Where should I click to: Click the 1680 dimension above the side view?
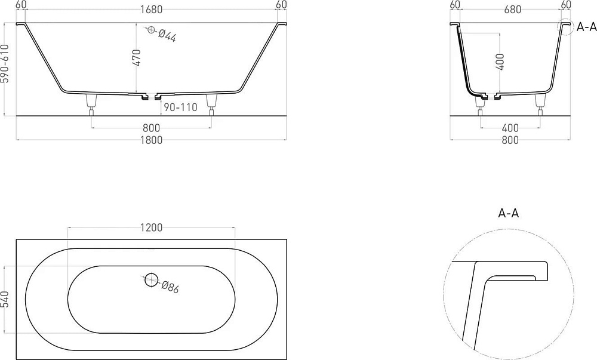click(151, 10)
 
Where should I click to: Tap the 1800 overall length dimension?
click(151, 140)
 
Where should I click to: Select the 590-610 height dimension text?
click(5, 63)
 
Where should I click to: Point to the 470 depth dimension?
click(137, 57)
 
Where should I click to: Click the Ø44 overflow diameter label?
click(167, 36)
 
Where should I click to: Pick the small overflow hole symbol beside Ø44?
click(151, 30)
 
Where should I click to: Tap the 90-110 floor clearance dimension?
click(180, 107)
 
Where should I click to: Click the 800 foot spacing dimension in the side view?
click(151, 128)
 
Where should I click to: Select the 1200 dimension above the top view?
click(151, 227)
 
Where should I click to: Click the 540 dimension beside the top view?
click(5, 300)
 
